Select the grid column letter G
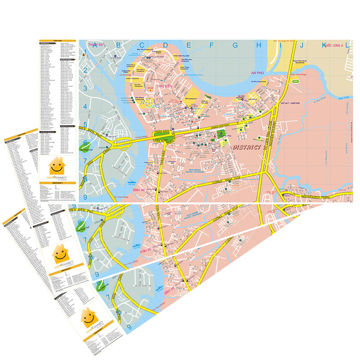point(235,45)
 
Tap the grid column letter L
point(347,45)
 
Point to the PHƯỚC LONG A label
point(332,45)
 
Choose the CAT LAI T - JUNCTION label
point(290,103)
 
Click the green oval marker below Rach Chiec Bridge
point(295,81)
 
